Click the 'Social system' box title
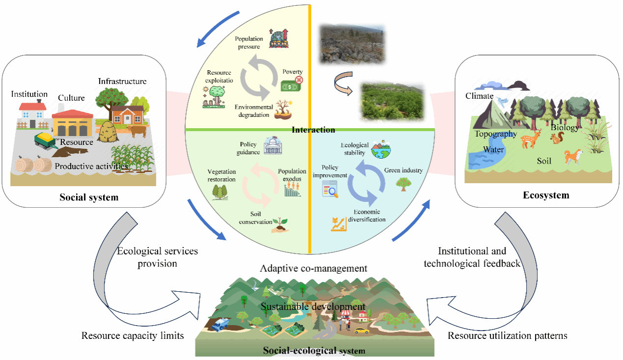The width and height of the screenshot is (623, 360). point(89,197)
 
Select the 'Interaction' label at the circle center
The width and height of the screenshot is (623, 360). point(313,130)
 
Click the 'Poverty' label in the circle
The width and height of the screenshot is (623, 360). point(292,72)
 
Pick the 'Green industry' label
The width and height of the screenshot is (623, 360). point(403,170)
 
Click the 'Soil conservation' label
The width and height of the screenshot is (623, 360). point(255,218)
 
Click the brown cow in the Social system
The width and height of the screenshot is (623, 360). point(138,131)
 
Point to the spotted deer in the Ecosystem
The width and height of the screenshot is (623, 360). point(530,138)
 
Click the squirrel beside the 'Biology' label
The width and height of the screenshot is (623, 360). point(557,139)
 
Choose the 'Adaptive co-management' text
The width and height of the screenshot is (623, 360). point(314,268)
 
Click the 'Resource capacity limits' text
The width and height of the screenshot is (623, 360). point(133,336)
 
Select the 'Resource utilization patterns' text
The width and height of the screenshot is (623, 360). point(508,336)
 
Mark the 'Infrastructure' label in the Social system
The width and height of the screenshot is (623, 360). point(122,81)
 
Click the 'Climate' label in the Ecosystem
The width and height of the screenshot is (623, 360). point(479,96)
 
